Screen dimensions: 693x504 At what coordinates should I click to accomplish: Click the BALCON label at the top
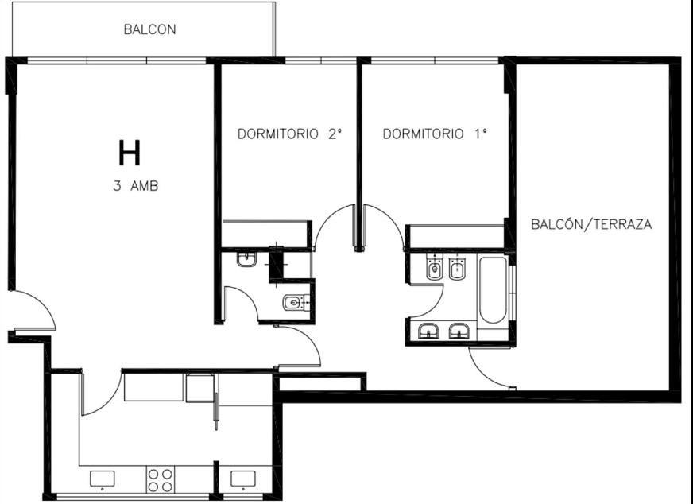[x=150, y=29]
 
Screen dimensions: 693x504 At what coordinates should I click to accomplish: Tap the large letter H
[x=130, y=153]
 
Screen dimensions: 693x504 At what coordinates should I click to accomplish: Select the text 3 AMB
[x=136, y=186]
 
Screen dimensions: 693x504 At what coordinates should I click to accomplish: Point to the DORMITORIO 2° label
[x=290, y=134]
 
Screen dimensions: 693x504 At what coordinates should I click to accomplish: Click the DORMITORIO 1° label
[x=435, y=134]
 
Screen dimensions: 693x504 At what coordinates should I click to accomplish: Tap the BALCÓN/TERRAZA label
[x=591, y=224]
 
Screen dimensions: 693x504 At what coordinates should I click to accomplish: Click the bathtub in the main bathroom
[x=493, y=290]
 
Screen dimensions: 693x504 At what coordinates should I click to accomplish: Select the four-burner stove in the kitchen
[x=160, y=480]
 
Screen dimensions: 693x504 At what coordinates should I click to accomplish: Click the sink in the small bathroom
[x=246, y=258]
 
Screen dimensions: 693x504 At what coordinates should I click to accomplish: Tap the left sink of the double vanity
[x=428, y=331]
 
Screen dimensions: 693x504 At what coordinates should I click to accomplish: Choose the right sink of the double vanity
[x=459, y=331]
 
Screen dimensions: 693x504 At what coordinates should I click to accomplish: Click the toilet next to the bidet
[x=435, y=267]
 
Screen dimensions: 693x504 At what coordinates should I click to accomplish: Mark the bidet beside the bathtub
[x=457, y=267]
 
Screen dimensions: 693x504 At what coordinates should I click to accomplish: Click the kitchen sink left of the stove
[x=102, y=479]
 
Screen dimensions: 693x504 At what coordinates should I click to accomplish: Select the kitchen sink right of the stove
[x=243, y=479]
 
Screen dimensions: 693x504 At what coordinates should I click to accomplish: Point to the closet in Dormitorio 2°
[x=265, y=234]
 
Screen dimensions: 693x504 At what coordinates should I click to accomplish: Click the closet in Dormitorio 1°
[x=456, y=237]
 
